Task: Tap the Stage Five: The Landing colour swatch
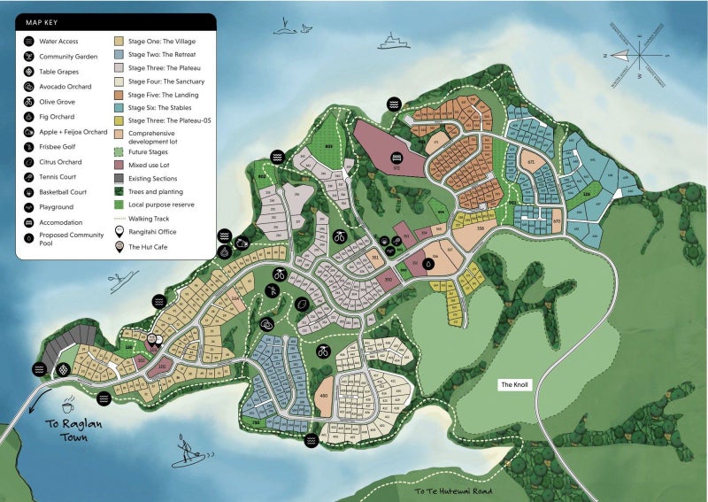[119, 95]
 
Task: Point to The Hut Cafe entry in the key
[147, 248]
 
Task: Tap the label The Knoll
[514, 385]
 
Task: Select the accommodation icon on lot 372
[396, 158]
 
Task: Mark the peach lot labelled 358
[481, 229]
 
